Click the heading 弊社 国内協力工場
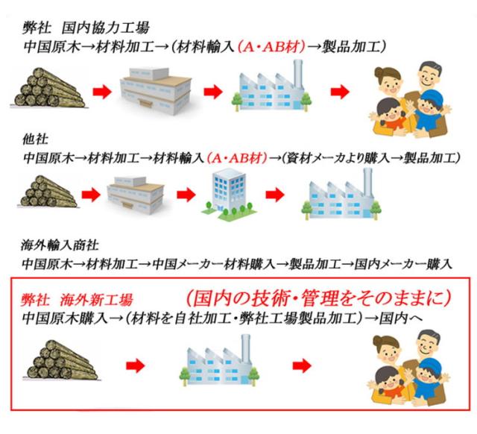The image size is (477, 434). pos(86,28)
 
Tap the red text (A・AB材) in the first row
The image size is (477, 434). pos(271,47)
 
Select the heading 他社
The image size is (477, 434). pos(35,139)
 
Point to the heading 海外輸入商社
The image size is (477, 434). pos(60,245)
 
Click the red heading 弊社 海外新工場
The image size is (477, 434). pos(77,300)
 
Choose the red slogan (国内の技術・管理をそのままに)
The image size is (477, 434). pos(318,298)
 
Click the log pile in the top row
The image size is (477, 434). pos(48,88)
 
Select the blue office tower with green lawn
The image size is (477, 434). pos(229,195)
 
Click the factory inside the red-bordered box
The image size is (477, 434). pos(219,360)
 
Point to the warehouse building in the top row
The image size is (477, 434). pos(156,91)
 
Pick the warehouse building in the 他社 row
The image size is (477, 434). pos(136,195)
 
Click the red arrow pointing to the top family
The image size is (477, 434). pos(340,91)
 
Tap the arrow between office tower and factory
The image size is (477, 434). pos(275,194)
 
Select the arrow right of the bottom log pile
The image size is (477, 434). pos(136,365)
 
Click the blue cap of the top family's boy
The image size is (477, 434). pos(429,96)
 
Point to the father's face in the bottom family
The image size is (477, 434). pos(428,343)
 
